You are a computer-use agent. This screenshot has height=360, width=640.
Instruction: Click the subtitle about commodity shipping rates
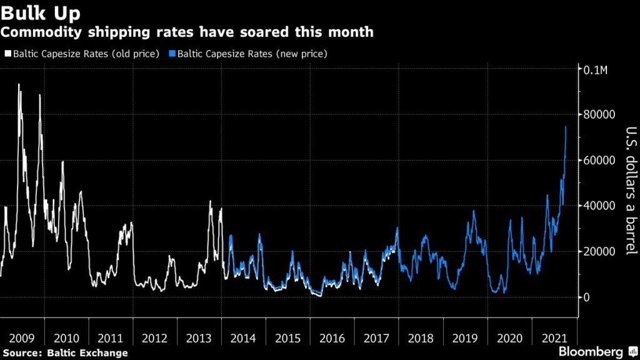tap(187, 32)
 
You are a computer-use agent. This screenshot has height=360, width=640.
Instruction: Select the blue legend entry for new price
tap(250, 54)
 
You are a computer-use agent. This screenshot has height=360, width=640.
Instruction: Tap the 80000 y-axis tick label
tap(598, 114)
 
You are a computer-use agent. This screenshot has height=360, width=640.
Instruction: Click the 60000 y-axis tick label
tap(598, 160)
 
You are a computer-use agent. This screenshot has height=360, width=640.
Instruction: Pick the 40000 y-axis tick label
tap(598, 206)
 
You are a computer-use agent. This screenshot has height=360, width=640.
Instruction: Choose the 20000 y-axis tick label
tap(598, 251)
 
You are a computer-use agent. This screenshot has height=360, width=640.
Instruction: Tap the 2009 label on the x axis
tap(22, 338)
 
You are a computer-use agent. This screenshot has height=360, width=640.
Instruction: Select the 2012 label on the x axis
tap(155, 338)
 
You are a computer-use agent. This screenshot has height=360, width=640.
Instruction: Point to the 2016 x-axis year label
tap(332, 338)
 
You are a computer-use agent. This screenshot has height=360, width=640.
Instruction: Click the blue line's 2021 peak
tap(566, 127)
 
